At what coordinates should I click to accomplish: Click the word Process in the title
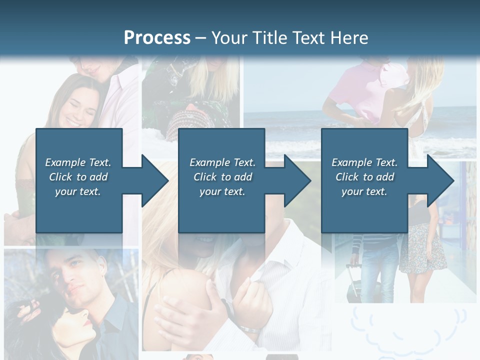pos(157,38)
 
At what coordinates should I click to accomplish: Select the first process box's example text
pos(78,177)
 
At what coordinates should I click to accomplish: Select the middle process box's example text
pos(222,177)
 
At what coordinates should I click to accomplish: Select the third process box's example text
pos(364,177)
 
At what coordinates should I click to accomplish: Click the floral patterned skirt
pos(423,248)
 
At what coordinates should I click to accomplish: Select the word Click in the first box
pos(61,177)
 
